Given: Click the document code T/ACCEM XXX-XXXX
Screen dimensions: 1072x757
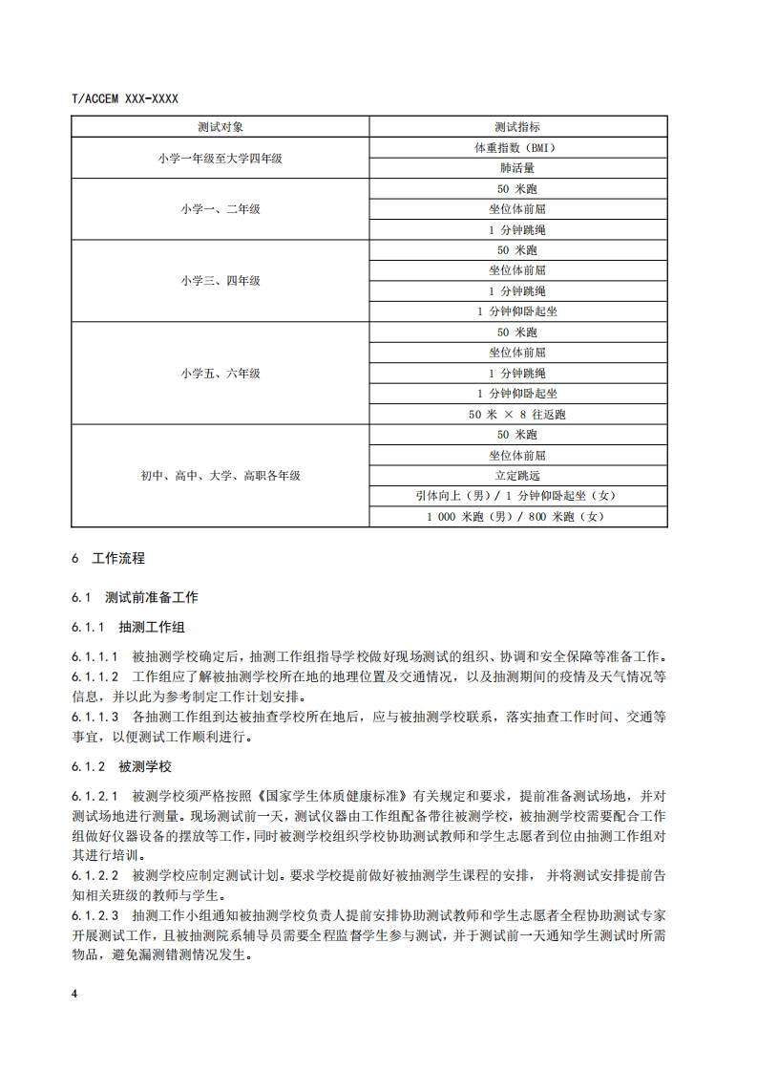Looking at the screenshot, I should (x=125, y=98).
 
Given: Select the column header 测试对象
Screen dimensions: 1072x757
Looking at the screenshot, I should (x=221, y=127).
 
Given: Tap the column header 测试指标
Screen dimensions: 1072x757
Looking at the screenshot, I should (x=517, y=127).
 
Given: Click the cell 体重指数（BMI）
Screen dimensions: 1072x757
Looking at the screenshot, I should (x=517, y=148).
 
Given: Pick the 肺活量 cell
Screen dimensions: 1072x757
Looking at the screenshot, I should (x=517, y=168).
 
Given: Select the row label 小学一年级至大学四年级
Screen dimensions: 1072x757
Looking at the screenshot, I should (x=221, y=159).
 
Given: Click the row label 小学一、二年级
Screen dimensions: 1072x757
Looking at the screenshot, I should (x=221, y=209).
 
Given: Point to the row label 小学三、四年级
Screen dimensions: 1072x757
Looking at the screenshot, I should (x=221, y=281).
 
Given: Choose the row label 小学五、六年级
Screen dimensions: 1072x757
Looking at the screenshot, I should (x=221, y=374).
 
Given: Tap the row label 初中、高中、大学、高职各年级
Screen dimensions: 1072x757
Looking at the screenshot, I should (x=221, y=475).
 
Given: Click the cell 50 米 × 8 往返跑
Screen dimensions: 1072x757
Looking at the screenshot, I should (x=517, y=415).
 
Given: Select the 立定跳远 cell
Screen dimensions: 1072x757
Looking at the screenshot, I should (x=517, y=475).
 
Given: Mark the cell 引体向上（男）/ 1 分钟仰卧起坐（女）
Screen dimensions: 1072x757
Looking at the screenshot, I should (x=517, y=496).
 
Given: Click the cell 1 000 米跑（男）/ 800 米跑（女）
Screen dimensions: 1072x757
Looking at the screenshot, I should (x=517, y=517).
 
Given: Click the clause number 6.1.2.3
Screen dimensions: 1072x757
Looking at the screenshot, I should (x=95, y=914).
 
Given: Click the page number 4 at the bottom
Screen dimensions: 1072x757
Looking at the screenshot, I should (x=74, y=995).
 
